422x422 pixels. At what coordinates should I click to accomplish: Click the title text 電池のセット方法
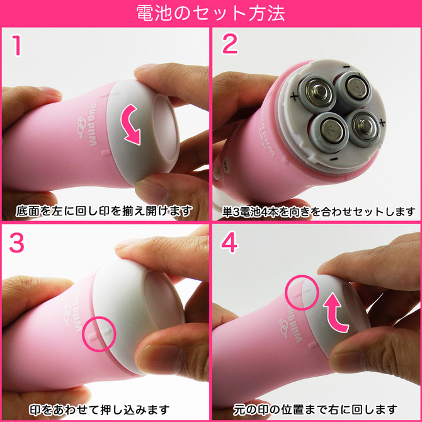coord(211,13)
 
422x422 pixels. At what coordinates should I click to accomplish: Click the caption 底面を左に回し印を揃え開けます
coord(105,210)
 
